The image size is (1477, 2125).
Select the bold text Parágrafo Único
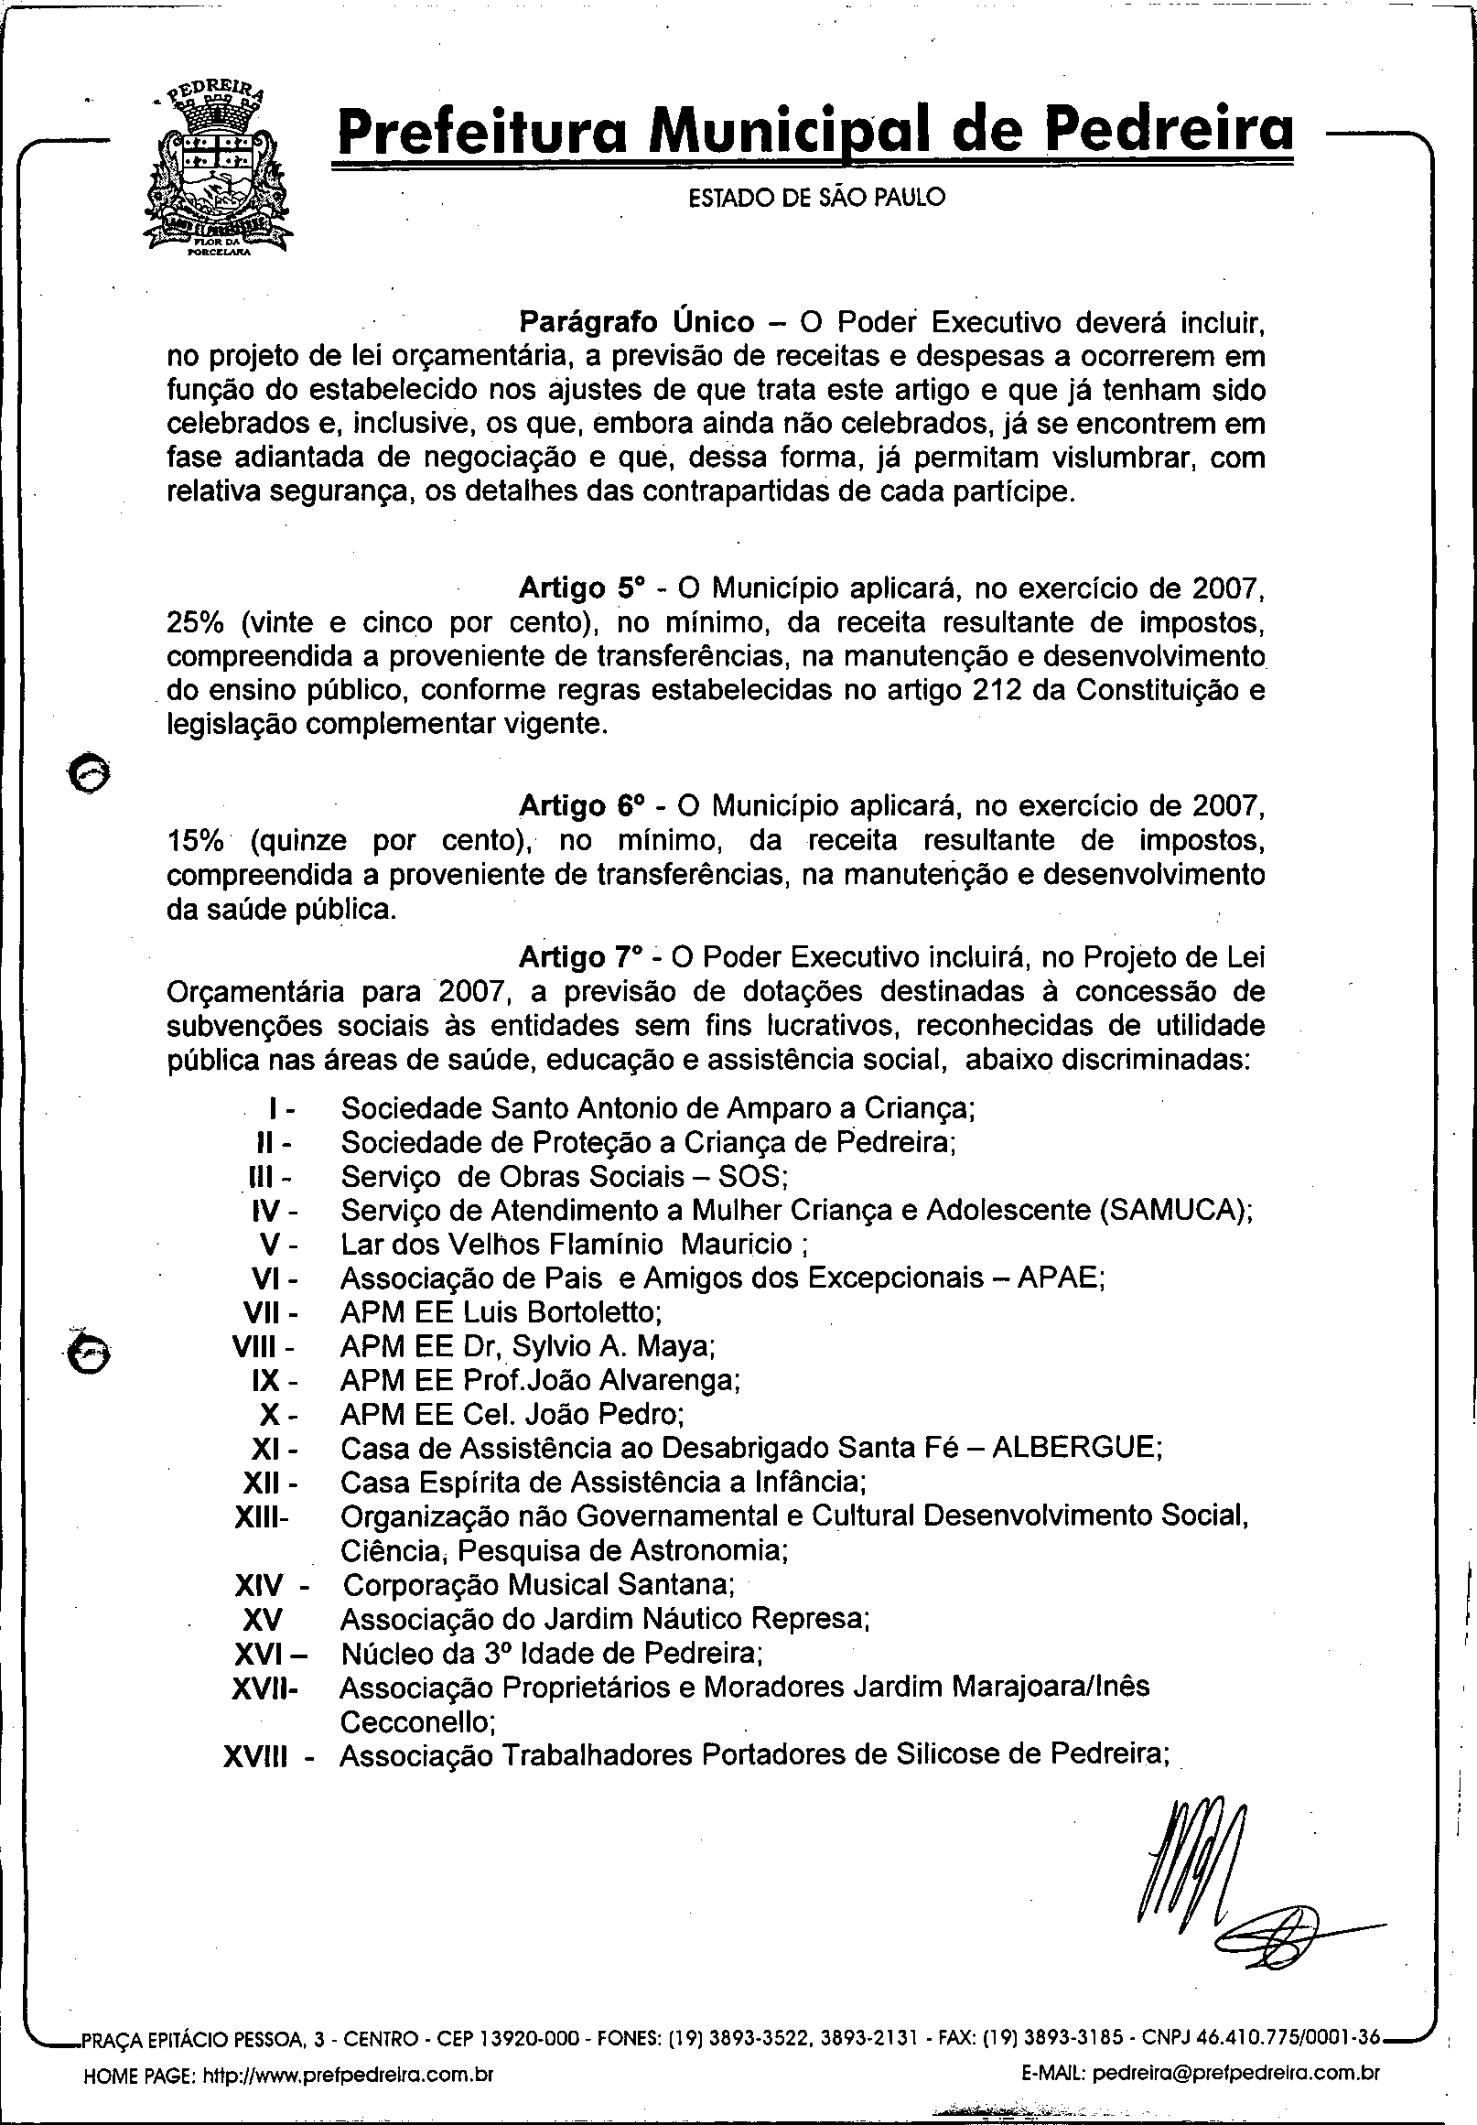[636, 322]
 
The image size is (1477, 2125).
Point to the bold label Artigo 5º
[580, 588]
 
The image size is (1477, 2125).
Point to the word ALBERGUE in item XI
[1075, 1448]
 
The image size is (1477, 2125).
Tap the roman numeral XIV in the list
[259, 1585]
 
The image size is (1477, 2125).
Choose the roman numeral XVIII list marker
[255, 1755]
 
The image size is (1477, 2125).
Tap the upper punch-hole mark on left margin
[90, 771]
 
